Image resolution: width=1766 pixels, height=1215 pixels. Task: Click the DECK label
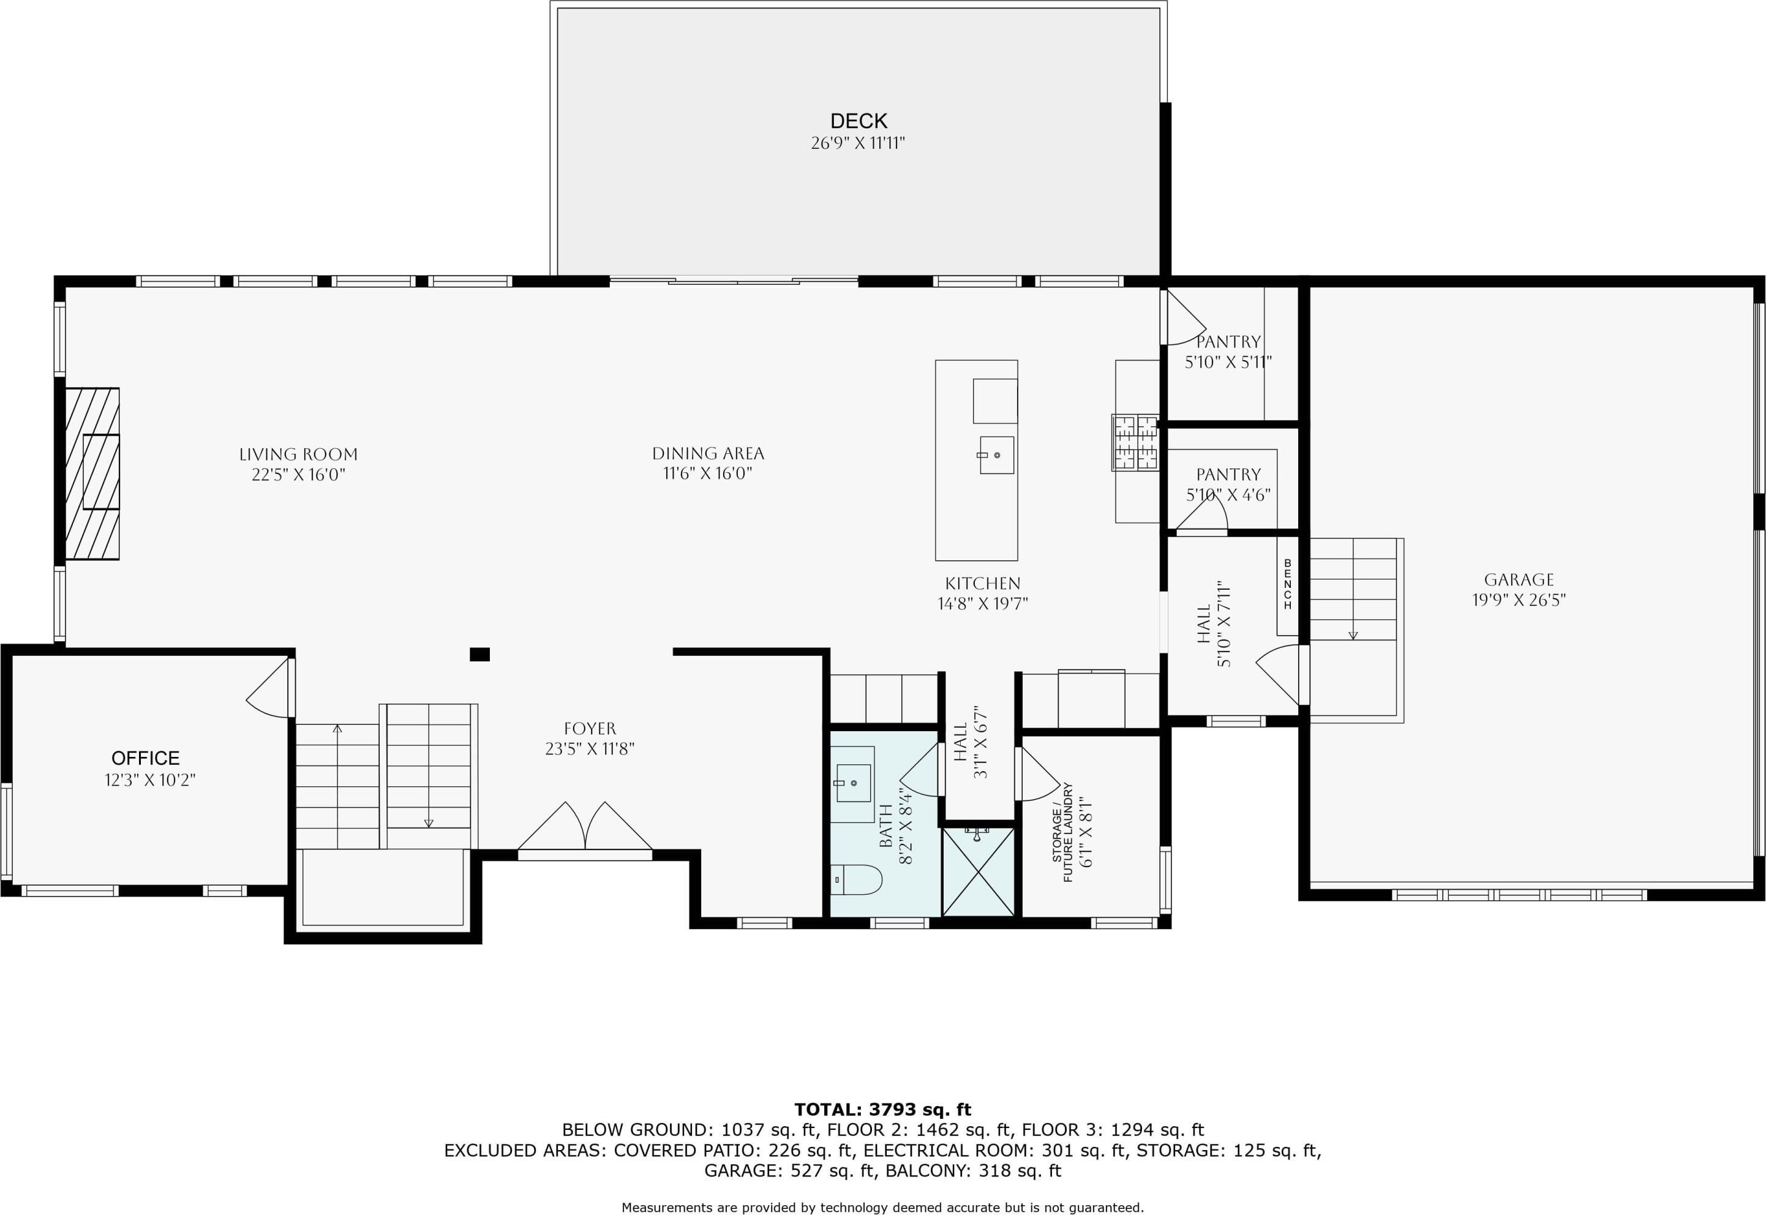click(x=859, y=121)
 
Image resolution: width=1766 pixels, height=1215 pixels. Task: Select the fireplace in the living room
click(x=92, y=473)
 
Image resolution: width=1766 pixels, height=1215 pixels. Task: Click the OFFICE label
click(x=145, y=758)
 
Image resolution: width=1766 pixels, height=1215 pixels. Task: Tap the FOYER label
click(x=590, y=729)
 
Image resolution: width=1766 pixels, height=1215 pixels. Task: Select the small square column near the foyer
click(x=479, y=654)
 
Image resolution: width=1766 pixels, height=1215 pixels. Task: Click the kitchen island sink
click(x=996, y=455)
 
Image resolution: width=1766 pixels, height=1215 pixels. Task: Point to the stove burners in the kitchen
click(x=1136, y=442)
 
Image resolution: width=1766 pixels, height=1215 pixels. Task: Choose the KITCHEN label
click(x=983, y=584)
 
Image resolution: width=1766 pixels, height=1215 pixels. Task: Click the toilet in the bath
click(x=856, y=880)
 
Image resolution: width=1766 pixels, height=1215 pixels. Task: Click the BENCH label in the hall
click(x=1288, y=585)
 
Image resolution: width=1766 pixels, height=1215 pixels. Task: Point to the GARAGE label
click(x=1519, y=580)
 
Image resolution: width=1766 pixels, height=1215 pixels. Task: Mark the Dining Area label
click(x=708, y=454)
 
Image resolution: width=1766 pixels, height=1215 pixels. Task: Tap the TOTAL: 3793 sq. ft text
click(x=883, y=1110)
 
